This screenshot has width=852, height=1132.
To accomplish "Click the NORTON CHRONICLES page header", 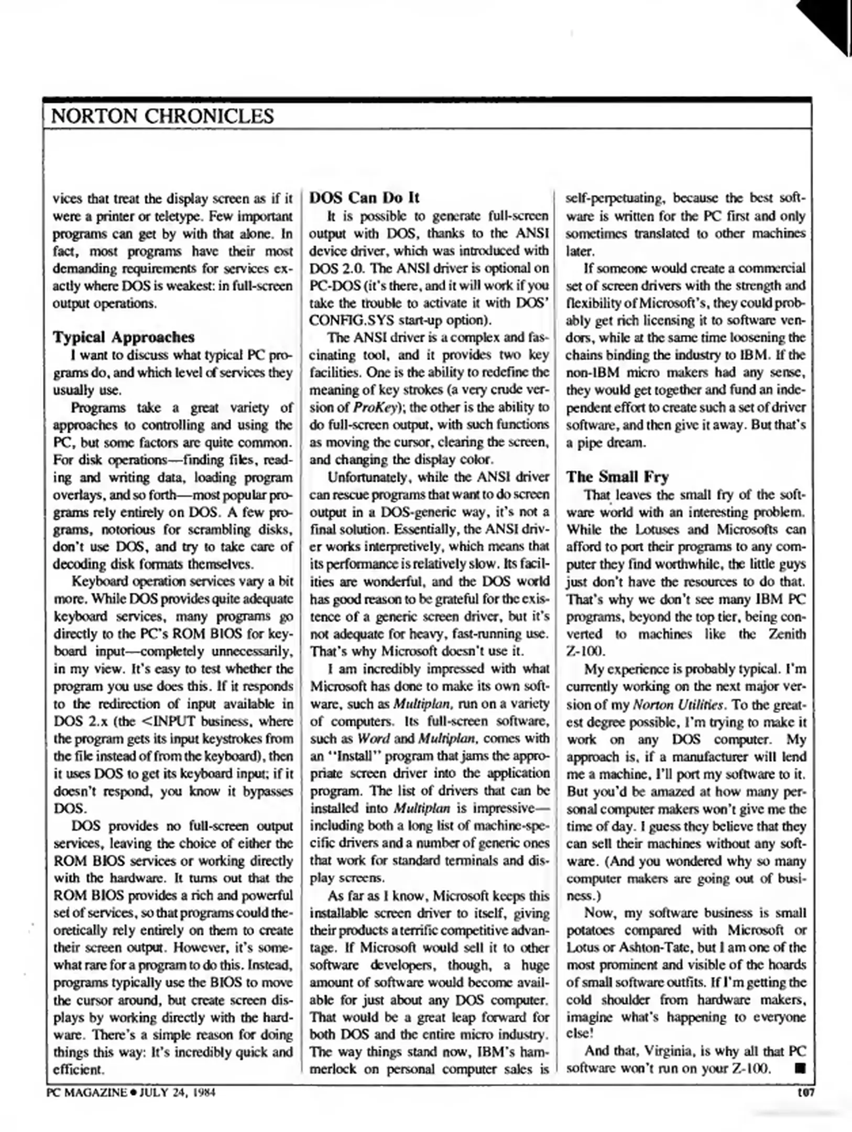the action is click(x=162, y=116).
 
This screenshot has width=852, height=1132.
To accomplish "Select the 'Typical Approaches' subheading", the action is click(x=123, y=337).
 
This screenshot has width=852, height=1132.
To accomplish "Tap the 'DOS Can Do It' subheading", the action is click(x=365, y=198).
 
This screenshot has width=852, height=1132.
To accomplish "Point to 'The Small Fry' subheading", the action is click(x=617, y=476).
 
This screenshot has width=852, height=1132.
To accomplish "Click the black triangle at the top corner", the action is click(x=828, y=24).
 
